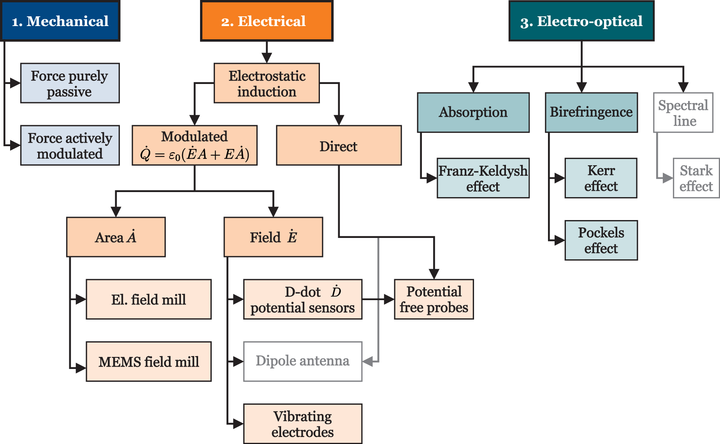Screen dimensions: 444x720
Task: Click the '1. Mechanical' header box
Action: (60, 21)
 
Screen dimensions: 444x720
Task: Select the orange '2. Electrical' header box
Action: (267, 21)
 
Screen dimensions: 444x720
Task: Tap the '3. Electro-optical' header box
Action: (581, 21)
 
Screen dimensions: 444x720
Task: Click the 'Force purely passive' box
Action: (70, 83)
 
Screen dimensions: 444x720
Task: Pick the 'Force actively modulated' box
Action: (70, 145)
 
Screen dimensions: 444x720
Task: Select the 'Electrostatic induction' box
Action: (267, 83)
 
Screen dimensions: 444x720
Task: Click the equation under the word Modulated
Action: (195, 154)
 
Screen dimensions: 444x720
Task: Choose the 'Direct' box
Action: (339, 145)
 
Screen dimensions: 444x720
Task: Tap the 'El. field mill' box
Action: (148, 299)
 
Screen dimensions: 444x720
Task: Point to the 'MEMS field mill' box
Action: (148, 362)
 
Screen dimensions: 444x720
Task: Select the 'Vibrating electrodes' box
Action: (302, 424)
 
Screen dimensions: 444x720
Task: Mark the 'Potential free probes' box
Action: (434, 299)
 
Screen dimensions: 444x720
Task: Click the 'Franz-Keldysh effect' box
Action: (483, 178)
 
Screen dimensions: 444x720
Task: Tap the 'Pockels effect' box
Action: (601, 240)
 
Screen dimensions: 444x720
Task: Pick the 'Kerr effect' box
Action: (601, 178)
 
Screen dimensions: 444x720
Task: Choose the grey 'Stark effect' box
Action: (696, 178)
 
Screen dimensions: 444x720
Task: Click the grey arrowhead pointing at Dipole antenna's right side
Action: (368, 362)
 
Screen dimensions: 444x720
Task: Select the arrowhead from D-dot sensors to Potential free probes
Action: (389, 299)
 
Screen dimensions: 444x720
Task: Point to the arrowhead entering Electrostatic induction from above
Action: (267, 58)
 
